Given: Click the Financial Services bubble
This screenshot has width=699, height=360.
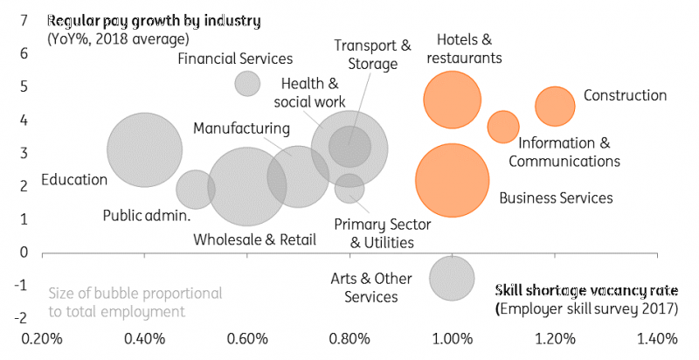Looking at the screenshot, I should pos(247,83).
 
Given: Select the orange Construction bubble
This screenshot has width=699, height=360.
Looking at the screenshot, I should pos(555,107).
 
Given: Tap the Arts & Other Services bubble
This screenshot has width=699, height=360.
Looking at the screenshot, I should pos(452,278).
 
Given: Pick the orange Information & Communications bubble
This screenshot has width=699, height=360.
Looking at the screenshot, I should pos(502,127).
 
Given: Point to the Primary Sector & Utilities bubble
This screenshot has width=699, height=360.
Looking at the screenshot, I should pos(349,187).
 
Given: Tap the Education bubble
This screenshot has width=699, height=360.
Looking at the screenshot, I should pos(144,149).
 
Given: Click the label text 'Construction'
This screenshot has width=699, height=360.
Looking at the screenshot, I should pos(625,95).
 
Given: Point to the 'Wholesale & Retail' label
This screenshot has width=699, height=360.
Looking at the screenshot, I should pos(254,239).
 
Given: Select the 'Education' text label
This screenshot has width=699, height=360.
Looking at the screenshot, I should pos(73,180).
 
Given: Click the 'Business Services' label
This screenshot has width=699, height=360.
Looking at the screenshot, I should pos(556,198).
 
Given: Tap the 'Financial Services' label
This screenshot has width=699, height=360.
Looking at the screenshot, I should pos(235,59).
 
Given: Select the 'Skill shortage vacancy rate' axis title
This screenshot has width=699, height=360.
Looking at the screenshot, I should pos(586,291).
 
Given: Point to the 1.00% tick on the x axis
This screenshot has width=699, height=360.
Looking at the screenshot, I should pos(452,339).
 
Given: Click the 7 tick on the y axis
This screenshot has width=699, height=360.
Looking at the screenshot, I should pos(24,19).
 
